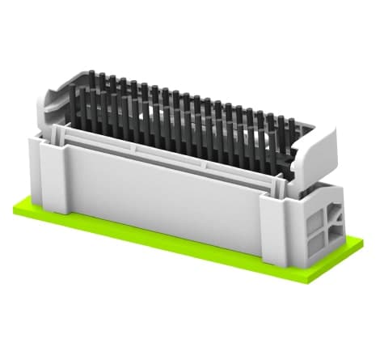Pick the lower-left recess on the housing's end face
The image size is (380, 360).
316,240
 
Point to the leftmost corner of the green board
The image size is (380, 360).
14,209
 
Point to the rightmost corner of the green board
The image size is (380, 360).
361,241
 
